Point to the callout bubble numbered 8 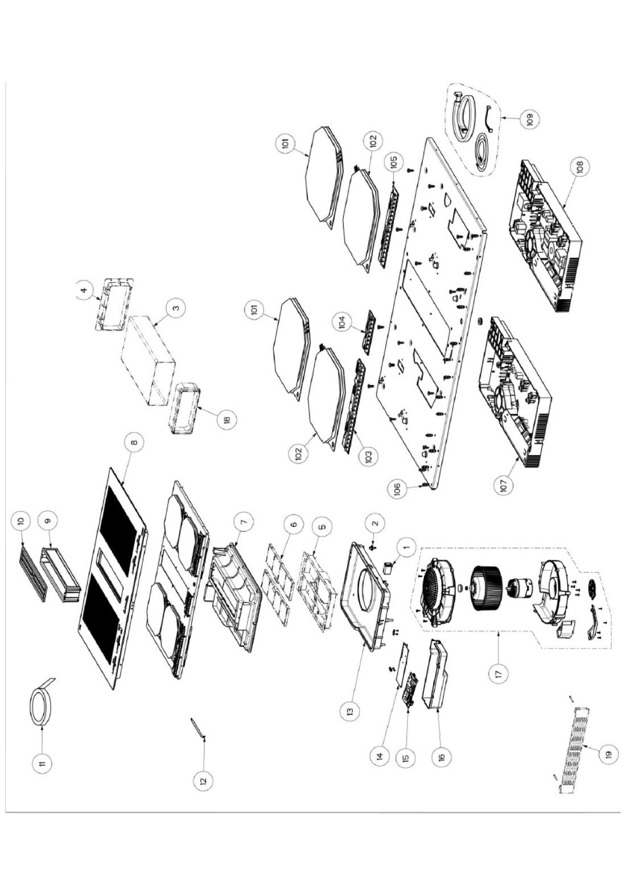(134, 442)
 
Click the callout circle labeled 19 (608, 753)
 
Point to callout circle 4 (84, 291)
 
